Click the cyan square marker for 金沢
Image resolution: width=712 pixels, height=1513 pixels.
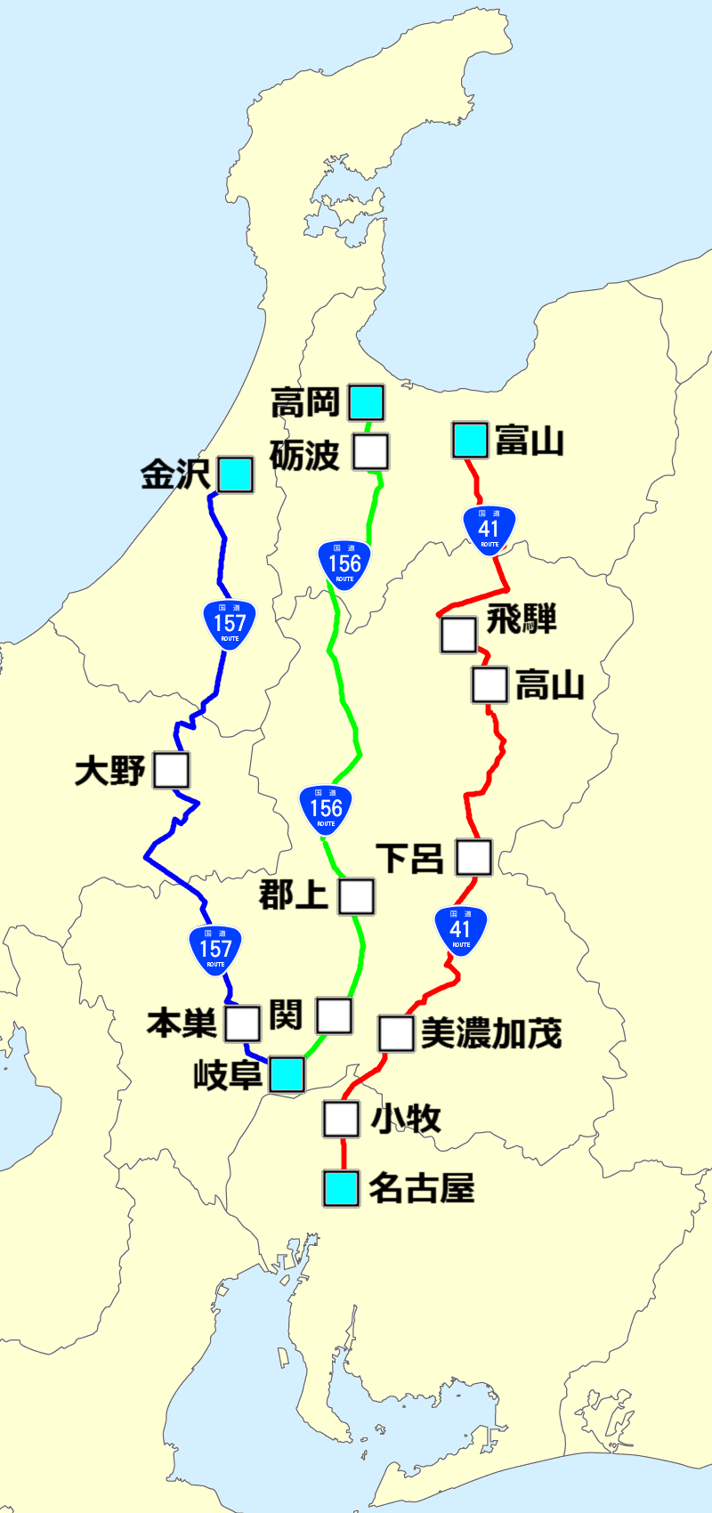tap(236, 474)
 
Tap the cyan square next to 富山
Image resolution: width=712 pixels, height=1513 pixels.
tap(470, 440)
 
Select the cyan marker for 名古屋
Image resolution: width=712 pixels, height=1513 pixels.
tap(341, 1188)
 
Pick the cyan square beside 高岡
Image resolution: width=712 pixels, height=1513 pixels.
tap(366, 402)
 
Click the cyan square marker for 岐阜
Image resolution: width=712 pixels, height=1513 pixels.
tap(287, 1074)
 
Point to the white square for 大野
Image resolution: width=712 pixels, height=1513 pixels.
tap(171, 770)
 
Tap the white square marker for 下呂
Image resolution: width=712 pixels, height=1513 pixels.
tap(473, 857)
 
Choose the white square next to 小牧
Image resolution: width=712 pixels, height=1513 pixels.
tap(341, 1119)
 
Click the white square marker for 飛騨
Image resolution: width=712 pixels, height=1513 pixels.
tap(458, 635)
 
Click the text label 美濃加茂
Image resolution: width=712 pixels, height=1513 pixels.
tap(491, 1033)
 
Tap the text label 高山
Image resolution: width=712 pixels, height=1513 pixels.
tap(550, 685)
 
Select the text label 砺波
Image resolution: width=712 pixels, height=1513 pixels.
tap(305, 455)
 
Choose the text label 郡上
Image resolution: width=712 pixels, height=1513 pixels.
tap(294, 894)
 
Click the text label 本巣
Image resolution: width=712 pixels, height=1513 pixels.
tap(182, 1023)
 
